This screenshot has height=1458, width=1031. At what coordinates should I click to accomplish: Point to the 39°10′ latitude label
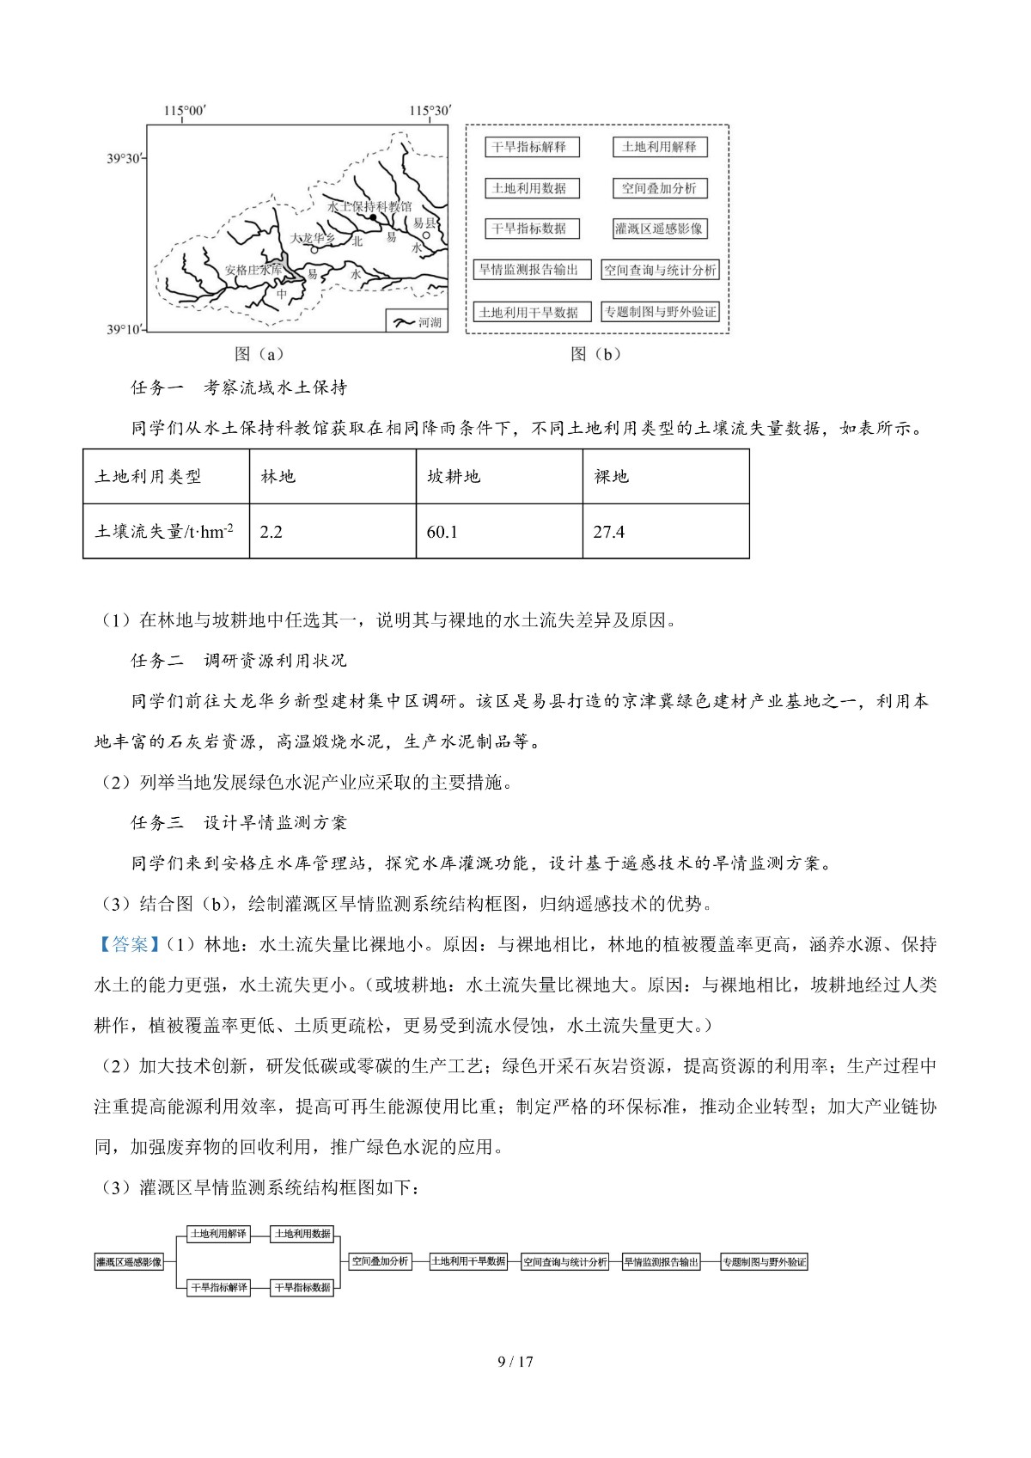point(125,329)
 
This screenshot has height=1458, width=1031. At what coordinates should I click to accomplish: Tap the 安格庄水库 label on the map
point(253,270)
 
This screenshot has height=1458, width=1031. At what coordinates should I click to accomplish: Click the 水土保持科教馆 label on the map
point(369,206)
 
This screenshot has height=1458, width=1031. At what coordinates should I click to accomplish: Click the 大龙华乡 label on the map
point(314,238)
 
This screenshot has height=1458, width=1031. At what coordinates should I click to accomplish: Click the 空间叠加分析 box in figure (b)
point(659,188)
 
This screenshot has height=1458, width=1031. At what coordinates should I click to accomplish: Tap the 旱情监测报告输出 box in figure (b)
point(529,270)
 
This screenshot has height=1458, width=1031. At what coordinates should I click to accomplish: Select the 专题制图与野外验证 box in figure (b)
point(660,312)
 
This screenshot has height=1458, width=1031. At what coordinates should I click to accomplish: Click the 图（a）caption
point(258,354)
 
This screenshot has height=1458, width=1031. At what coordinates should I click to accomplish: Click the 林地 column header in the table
point(278,476)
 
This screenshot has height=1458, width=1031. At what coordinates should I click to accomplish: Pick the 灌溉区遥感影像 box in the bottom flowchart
point(129,1262)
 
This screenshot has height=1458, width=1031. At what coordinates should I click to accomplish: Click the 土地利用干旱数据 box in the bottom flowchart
point(469,1261)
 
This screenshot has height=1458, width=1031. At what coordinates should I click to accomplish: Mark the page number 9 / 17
point(515,1361)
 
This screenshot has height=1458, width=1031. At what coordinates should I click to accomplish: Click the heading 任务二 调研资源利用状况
point(239,660)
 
